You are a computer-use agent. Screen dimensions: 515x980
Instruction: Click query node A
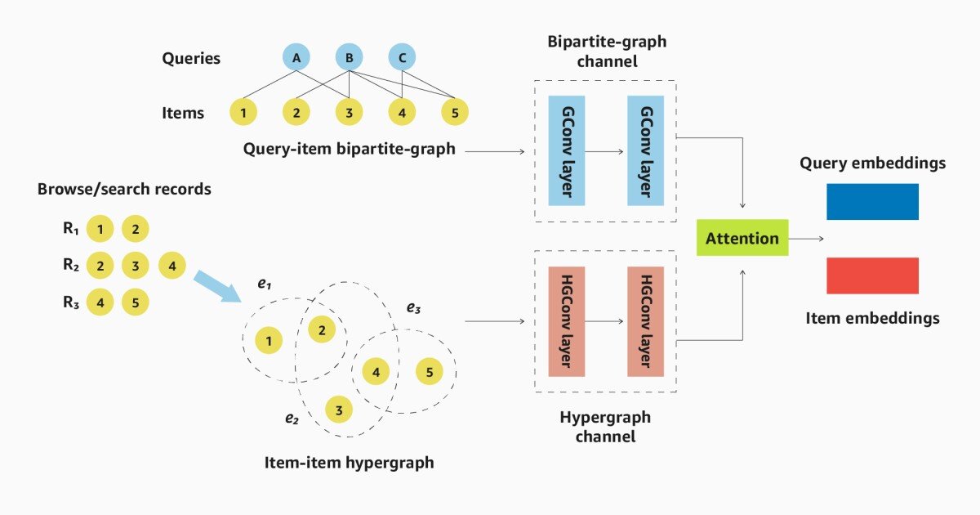pyautogui.click(x=296, y=57)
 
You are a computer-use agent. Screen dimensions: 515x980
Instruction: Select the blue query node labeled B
pyautogui.click(x=349, y=57)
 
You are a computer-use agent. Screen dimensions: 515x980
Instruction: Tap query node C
pyautogui.click(x=402, y=57)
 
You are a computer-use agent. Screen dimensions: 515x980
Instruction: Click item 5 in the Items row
pyautogui.click(x=455, y=112)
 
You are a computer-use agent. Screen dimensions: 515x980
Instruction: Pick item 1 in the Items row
pyautogui.click(x=244, y=112)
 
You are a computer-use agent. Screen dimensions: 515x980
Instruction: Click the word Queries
pyautogui.click(x=191, y=58)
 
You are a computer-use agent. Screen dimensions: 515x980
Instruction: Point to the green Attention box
pyautogui.click(x=742, y=238)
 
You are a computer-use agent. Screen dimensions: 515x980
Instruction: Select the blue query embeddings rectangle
pyautogui.click(x=872, y=201)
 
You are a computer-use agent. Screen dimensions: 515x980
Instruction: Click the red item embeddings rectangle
pyautogui.click(x=872, y=275)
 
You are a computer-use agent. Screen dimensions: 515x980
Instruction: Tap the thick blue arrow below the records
pyautogui.click(x=217, y=287)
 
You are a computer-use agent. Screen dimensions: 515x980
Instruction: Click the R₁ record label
pyautogui.click(x=71, y=229)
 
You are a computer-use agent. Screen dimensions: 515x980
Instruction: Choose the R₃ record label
pyautogui.click(x=71, y=302)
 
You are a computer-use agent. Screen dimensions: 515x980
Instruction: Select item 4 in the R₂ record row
pyautogui.click(x=171, y=266)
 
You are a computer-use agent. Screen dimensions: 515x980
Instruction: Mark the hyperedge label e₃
pyautogui.click(x=414, y=308)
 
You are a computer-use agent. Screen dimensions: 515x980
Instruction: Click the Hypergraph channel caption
pyautogui.click(x=604, y=427)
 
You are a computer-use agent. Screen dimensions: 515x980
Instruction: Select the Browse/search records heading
pyautogui.click(x=124, y=189)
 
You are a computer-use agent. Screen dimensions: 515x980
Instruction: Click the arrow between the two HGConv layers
pyautogui.click(x=605, y=321)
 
